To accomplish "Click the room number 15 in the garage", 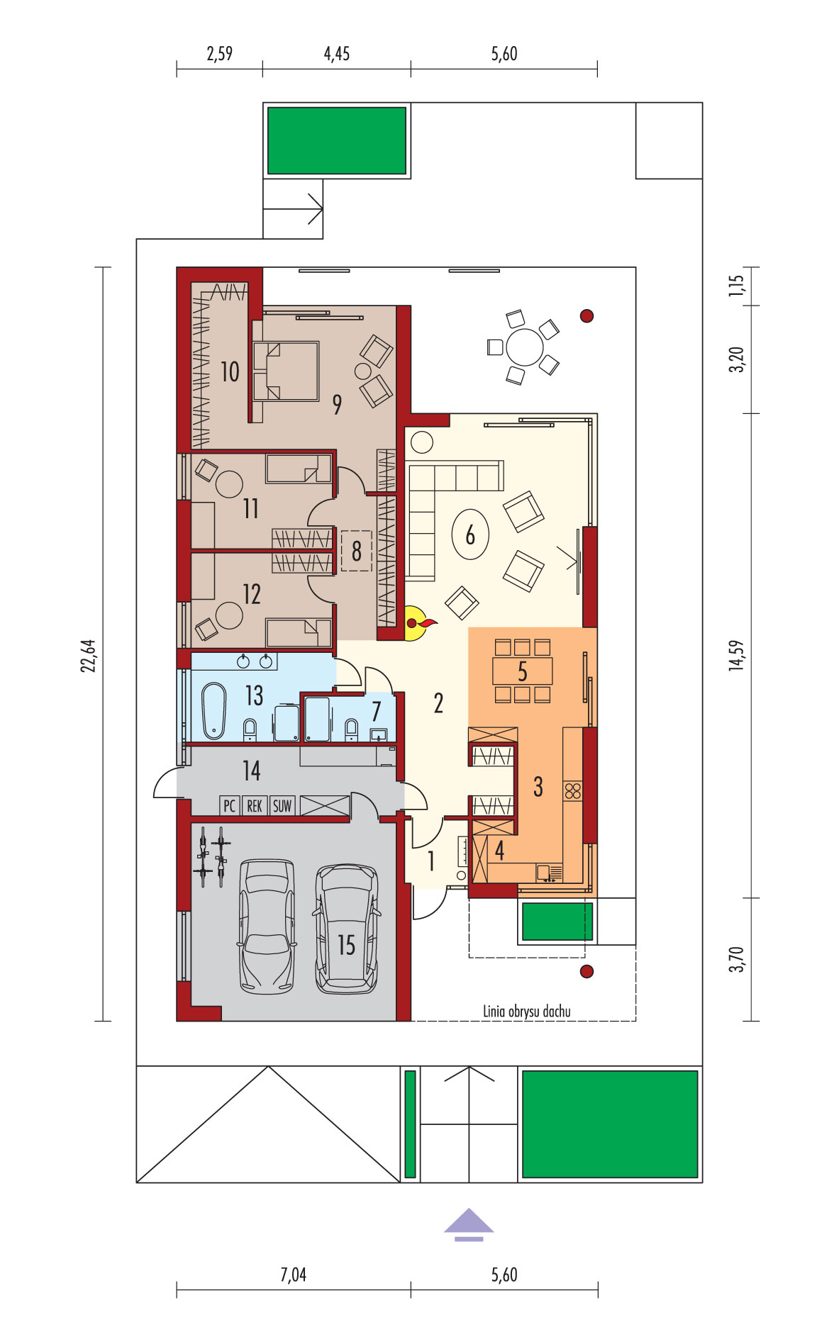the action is (x=346, y=945).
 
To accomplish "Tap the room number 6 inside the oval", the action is (x=470, y=535).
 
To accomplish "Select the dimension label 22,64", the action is (x=88, y=656).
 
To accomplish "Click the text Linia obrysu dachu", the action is (x=526, y=1012).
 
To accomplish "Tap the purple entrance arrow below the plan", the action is (x=469, y=1224).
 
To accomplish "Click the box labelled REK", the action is (x=255, y=806).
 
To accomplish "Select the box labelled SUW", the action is (x=282, y=806).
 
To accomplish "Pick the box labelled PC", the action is (x=229, y=806).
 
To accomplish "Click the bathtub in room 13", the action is (x=213, y=711).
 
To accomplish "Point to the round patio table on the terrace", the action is (x=525, y=347).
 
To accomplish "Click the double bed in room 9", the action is (x=285, y=371).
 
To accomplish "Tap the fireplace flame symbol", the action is (x=423, y=624).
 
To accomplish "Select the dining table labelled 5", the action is (x=523, y=671).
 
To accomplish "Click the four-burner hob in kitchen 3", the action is (x=573, y=791).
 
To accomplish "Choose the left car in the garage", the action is (x=267, y=926).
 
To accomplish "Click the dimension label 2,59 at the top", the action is (x=219, y=54).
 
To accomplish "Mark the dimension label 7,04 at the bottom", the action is (x=293, y=1275).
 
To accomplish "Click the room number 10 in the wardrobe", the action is (x=230, y=371).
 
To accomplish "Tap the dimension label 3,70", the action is (x=737, y=959).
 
